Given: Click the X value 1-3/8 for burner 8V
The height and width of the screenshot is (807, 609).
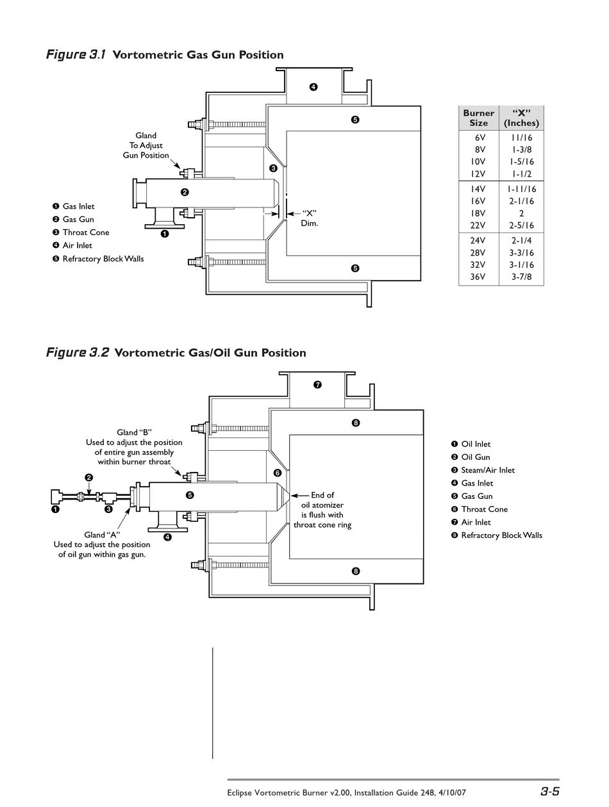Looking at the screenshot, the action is pyautogui.click(x=521, y=150).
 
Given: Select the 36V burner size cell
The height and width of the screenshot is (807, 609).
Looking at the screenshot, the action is pyautogui.click(x=478, y=277).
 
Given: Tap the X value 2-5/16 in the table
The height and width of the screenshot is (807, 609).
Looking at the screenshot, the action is pyautogui.click(x=521, y=225).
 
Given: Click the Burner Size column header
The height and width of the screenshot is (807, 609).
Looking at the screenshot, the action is pyautogui.click(x=478, y=118).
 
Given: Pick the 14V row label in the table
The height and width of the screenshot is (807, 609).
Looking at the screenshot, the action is pyautogui.click(x=478, y=189).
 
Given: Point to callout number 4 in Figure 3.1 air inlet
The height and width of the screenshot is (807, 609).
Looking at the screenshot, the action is pyautogui.click(x=313, y=87).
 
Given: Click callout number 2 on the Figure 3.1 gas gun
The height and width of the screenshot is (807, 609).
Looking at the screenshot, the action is pyautogui.click(x=185, y=192).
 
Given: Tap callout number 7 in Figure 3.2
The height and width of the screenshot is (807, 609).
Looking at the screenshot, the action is pyautogui.click(x=317, y=385).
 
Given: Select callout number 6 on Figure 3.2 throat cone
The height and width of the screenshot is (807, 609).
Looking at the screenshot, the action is pyautogui.click(x=278, y=473).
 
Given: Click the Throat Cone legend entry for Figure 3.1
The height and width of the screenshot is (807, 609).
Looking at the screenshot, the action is pyautogui.click(x=81, y=232).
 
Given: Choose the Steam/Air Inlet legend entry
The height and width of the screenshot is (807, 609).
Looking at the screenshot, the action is pyautogui.click(x=483, y=470).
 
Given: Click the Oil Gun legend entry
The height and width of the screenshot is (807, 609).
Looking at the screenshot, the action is pyautogui.click(x=471, y=457).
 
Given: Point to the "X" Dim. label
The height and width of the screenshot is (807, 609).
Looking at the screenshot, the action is pyautogui.click(x=310, y=218).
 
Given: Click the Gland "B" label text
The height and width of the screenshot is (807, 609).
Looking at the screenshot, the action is pyautogui.click(x=134, y=432).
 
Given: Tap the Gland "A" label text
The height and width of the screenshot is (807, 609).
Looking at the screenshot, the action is pyautogui.click(x=102, y=535).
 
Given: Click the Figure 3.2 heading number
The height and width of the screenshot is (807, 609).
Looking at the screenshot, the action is pyautogui.click(x=99, y=352).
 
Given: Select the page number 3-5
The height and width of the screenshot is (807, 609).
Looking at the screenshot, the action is pyautogui.click(x=550, y=791).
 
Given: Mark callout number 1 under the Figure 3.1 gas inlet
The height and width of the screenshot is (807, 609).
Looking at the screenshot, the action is pyautogui.click(x=165, y=234).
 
